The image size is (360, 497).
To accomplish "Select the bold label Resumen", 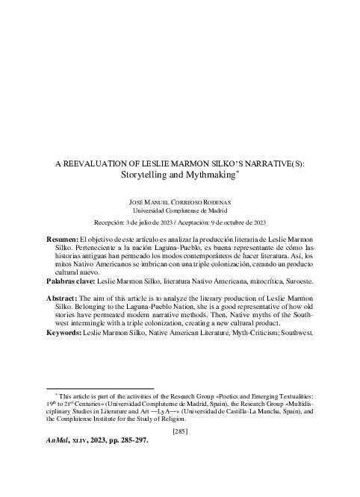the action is [x=62, y=238].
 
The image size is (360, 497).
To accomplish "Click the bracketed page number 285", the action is [x=179, y=431].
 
